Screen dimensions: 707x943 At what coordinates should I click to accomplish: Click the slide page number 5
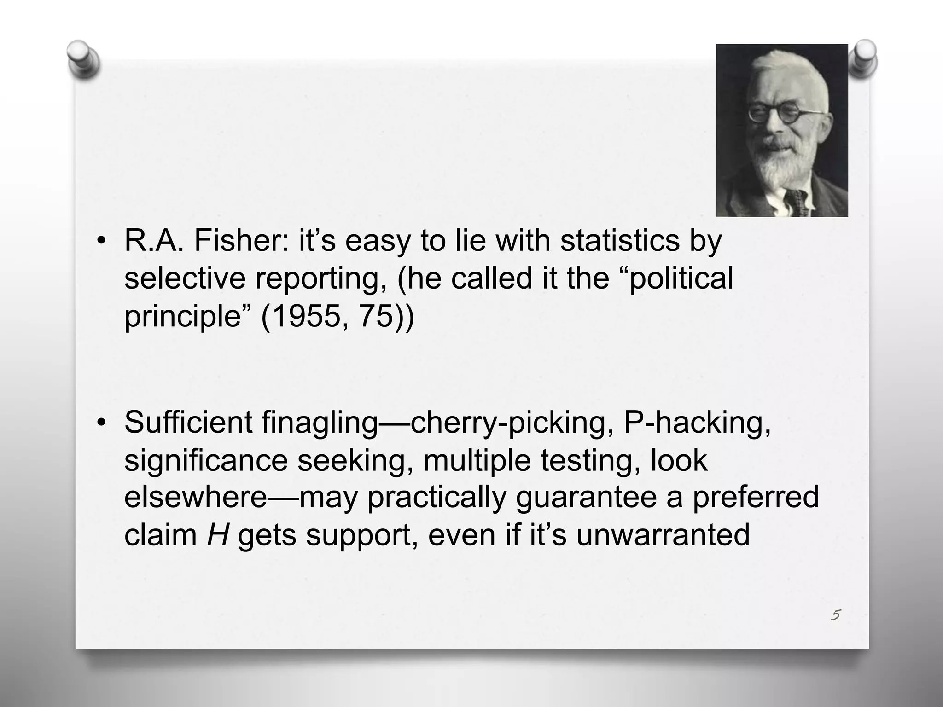tap(836, 614)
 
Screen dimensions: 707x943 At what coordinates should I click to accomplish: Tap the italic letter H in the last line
tap(218, 535)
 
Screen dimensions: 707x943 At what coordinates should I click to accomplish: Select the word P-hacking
tap(696, 423)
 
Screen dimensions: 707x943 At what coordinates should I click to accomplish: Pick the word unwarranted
tap(663, 535)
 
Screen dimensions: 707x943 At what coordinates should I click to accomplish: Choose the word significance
tap(206, 460)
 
